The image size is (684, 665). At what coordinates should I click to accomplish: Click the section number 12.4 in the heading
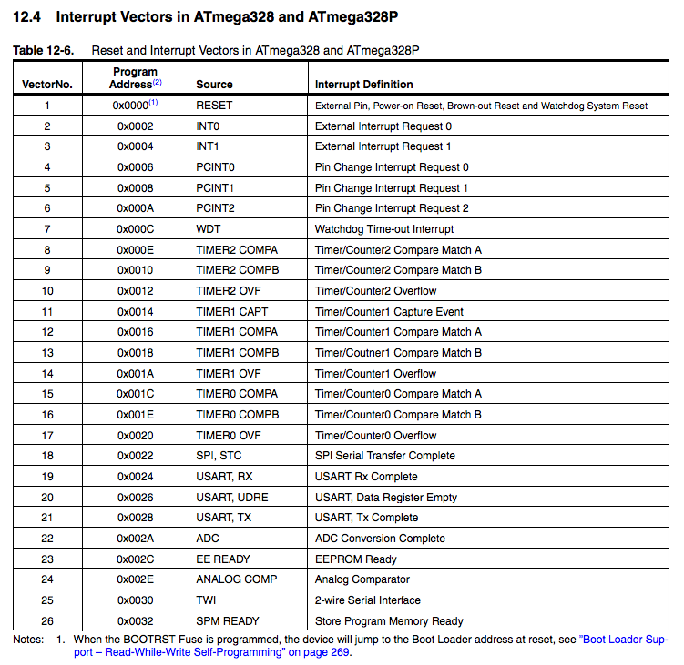pos(29,16)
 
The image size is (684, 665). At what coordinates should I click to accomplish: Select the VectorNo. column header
pos(46,85)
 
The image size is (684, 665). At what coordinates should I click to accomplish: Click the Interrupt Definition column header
pos(363,85)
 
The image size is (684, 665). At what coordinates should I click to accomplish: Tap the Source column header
pos(214,85)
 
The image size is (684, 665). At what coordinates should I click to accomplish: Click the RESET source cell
pos(214,106)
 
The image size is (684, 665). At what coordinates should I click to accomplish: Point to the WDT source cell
pos(209,229)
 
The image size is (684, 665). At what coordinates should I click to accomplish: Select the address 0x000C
pos(135,229)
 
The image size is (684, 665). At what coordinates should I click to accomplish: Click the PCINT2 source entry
pos(215,208)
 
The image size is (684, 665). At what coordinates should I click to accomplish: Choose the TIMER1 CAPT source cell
pos(231,311)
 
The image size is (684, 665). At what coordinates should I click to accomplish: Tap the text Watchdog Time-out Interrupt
pos(383,229)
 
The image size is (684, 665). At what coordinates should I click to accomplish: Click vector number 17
pos(46,435)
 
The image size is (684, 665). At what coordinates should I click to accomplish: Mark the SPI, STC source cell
pos(219,456)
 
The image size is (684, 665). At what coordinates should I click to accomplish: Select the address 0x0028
pos(135,518)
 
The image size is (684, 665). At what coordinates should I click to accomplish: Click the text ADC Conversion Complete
pos(380,539)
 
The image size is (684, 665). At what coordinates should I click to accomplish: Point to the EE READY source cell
pos(222,559)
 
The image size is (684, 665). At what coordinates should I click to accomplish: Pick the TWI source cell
pos(207,600)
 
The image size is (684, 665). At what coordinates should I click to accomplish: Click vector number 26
pos(46,621)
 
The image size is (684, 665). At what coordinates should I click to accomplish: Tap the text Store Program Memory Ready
pos(389,621)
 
